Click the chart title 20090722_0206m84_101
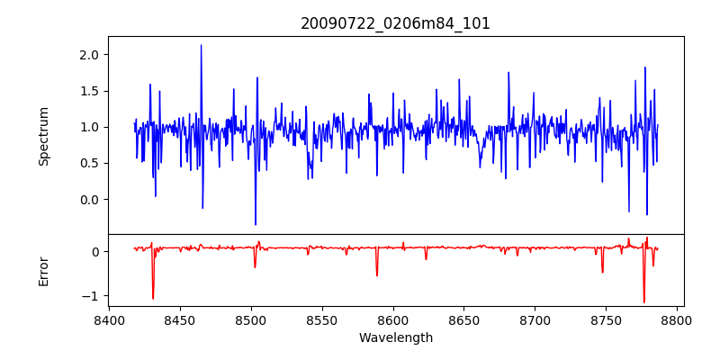(395, 23)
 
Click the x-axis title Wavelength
(395, 337)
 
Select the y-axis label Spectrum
(43, 136)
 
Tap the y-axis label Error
(43, 271)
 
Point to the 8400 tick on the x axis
(109, 319)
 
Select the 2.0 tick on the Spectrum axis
(88, 55)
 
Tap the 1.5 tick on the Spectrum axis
(88, 91)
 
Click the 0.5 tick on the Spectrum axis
(88, 163)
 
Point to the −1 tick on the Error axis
(91, 295)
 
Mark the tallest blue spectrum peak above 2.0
(201, 46)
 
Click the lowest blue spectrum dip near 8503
(256, 224)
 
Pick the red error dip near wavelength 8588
(377, 274)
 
